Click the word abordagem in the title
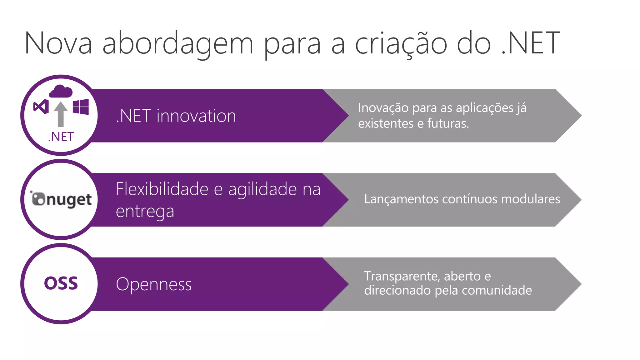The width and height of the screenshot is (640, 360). click(177, 44)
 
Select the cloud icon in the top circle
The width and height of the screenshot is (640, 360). click(61, 91)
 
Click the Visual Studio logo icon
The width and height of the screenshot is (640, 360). click(41, 107)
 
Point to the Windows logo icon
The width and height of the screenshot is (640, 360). click(81, 107)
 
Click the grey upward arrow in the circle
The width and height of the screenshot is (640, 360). click(61, 114)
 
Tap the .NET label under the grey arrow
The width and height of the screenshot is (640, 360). click(61, 137)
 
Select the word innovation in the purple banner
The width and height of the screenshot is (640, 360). click(196, 116)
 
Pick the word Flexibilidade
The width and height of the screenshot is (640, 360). click(162, 189)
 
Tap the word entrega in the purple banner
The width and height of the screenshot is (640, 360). click(145, 212)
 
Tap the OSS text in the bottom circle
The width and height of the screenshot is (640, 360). click(61, 283)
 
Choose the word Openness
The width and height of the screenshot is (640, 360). click(154, 284)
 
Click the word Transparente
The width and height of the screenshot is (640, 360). click(402, 276)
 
